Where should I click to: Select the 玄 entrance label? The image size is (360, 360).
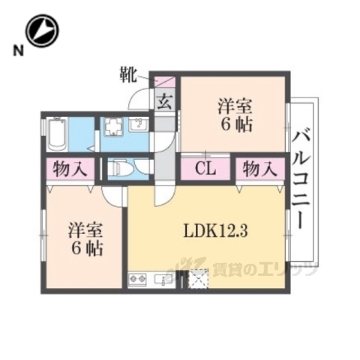[164, 101]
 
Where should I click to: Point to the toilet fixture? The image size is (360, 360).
[121, 169]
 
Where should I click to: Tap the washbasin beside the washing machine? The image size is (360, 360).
[138, 125]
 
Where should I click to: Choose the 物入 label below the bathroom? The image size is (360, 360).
[68, 168]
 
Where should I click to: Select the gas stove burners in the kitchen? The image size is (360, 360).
[139, 280]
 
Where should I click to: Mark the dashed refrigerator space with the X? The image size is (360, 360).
[197, 279]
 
